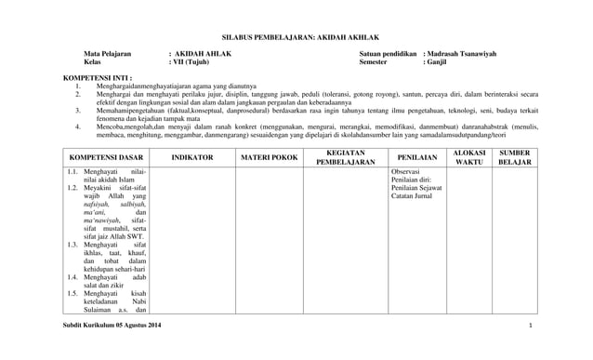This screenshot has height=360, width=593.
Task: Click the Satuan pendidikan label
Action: pyautogui.click(x=388, y=55)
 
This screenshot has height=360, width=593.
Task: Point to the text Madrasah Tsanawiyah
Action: pyautogui.click(x=462, y=55)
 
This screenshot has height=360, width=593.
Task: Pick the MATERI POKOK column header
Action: pyautogui.click(x=269, y=157)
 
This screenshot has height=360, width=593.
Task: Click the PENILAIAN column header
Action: pyautogui.click(x=416, y=157)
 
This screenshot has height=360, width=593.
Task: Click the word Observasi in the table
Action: pyautogui.click(x=407, y=172)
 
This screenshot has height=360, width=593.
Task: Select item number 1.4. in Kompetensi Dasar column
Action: pyautogui.click(x=72, y=277)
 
